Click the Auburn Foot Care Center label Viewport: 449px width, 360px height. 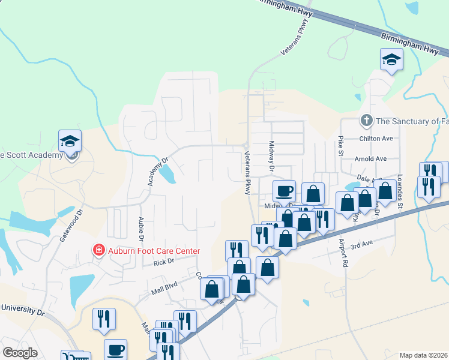pyautogui.click(x=154, y=251)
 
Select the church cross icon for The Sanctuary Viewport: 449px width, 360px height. pyautogui.click(x=366, y=121)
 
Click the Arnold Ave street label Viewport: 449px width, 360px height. pyautogui.click(x=371, y=159)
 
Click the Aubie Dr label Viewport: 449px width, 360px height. pyautogui.click(x=142, y=228)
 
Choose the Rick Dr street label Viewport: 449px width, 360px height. pyautogui.click(x=163, y=262)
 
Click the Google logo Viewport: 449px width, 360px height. pyautogui.click(x=20, y=353)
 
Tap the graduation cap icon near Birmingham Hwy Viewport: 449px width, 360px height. pyautogui.click(x=391, y=59)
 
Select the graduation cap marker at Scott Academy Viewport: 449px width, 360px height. pyautogui.click(x=70, y=142)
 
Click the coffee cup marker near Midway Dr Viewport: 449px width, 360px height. pyautogui.click(x=285, y=191)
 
